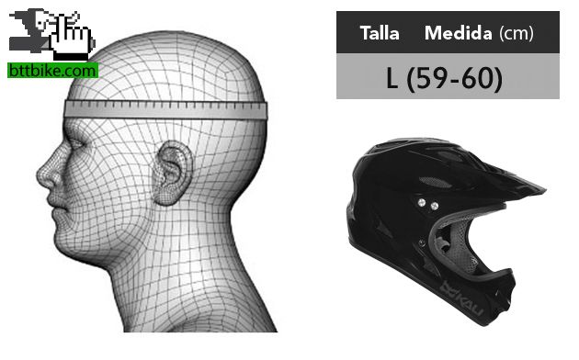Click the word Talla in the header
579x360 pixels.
click(380, 33)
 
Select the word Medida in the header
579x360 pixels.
click(459, 33)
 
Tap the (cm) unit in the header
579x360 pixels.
click(517, 34)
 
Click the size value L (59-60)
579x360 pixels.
click(444, 78)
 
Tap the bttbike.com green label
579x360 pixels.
click(52, 70)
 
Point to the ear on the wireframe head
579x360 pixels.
click(172, 173)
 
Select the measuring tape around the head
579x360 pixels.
click(165, 110)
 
